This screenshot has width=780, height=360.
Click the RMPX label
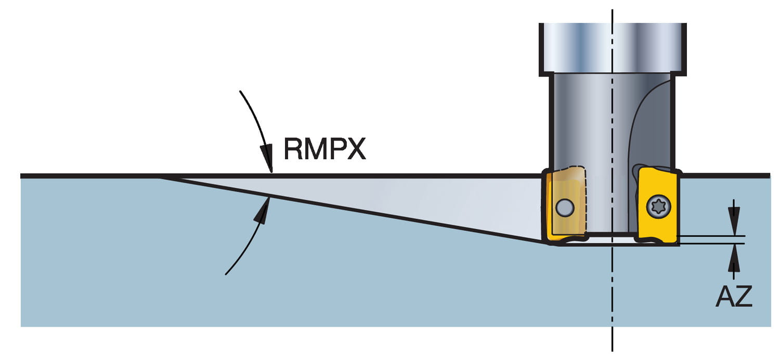click(324, 149)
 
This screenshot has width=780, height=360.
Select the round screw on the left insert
click(563, 208)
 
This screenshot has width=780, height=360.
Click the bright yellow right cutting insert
click(658, 205)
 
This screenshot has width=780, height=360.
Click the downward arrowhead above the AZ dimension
click(734, 224)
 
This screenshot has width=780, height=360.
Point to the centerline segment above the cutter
click(612, 16)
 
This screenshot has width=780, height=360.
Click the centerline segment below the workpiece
click(612, 341)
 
